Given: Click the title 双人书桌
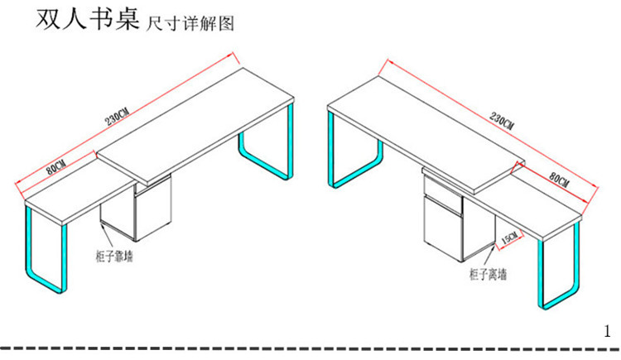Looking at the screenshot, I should [85, 20].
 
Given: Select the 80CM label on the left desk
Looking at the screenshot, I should [56, 166].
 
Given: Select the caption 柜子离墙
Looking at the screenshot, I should [488, 273].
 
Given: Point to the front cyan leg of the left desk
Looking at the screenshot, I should [46, 257].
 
